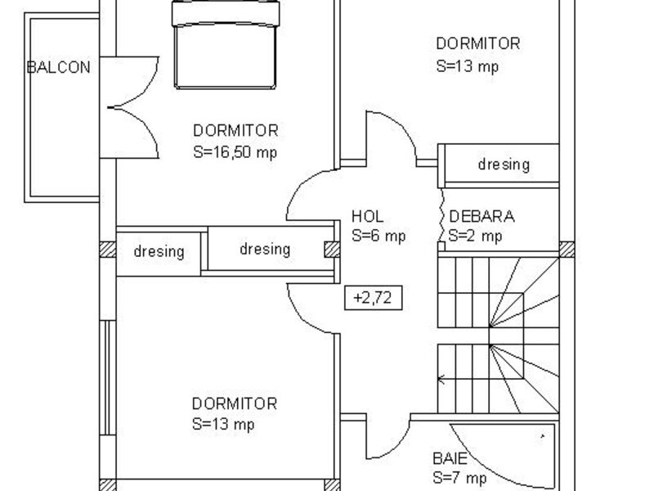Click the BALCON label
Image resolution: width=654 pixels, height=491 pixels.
(58, 67)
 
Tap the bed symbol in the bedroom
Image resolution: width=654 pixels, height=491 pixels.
(226, 44)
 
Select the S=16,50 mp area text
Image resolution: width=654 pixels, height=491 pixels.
(235, 152)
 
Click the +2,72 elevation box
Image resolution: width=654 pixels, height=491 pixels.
(374, 298)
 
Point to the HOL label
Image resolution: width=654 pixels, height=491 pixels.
(367, 216)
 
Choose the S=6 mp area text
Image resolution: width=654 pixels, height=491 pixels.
(379, 236)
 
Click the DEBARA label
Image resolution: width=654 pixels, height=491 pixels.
(482, 216)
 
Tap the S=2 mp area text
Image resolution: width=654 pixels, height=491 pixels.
(475, 236)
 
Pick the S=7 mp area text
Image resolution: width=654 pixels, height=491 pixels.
(459, 478)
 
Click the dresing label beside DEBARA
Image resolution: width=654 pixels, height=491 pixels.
(504, 164)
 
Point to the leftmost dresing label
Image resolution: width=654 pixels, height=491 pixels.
(159, 252)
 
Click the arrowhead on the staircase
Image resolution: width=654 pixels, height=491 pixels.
(441, 379)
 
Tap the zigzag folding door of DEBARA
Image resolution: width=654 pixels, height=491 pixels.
(441, 216)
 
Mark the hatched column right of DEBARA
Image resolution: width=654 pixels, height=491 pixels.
(567, 250)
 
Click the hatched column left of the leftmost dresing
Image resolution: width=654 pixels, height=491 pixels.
(108, 250)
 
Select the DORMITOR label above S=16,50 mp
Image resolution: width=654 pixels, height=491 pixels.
(235, 131)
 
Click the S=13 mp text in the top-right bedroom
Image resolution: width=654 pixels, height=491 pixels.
(467, 67)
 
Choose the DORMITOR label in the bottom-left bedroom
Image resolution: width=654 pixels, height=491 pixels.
(235, 403)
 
